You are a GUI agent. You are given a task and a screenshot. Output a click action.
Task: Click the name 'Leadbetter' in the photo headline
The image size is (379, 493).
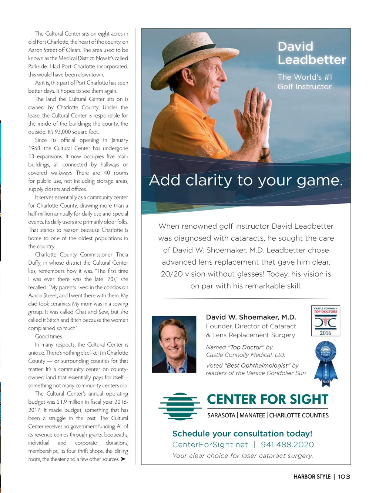(312, 60)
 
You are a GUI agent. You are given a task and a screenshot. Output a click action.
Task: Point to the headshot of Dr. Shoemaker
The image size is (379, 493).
(174, 344)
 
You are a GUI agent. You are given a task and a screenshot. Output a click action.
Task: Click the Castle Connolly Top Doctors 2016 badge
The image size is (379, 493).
(325, 321)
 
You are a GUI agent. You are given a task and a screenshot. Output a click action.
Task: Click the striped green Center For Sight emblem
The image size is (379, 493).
(180, 406)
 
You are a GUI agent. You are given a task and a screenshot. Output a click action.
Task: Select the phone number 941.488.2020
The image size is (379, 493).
(287, 444)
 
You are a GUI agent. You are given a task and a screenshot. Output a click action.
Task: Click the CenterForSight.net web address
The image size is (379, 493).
(210, 444)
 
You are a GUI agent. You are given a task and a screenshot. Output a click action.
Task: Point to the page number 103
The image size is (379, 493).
(344, 477)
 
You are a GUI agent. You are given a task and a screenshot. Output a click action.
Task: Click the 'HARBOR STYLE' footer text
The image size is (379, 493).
(312, 477)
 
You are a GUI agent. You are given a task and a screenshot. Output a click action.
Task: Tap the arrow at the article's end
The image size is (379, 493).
(123, 459)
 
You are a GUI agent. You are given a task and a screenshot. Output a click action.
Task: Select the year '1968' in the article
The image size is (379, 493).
(34, 148)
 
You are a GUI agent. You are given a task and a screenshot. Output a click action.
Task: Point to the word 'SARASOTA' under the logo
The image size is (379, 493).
(221, 415)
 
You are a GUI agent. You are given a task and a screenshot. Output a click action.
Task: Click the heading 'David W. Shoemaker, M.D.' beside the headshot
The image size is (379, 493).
(251, 317)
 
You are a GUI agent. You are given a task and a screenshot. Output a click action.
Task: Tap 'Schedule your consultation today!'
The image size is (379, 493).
(242, 433)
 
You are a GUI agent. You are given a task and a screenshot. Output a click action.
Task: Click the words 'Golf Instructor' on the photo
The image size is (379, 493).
(305, 86)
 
